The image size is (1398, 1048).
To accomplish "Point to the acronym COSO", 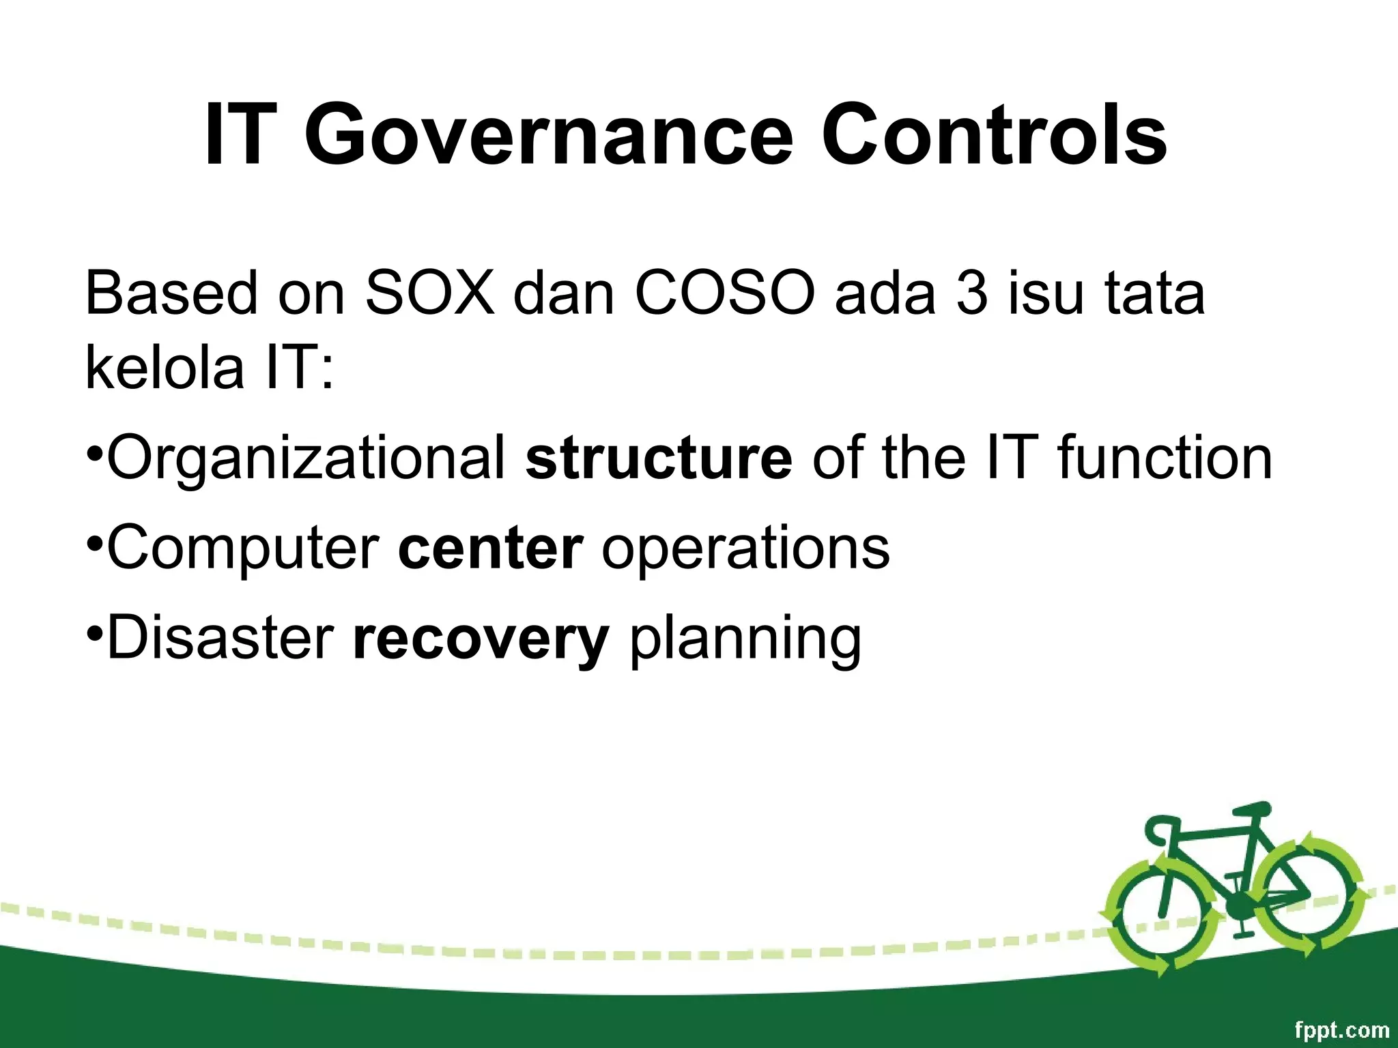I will click(x=725, y=293).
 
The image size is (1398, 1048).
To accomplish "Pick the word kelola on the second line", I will click(x=165, y=368).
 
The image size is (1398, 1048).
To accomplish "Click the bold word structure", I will click(x=659, y=458).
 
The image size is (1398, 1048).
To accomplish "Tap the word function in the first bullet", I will click(x=1165, y=458).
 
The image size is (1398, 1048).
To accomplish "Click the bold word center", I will click(x=490, y=549).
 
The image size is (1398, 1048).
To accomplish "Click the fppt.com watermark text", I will click(x=1341, y=1030).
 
